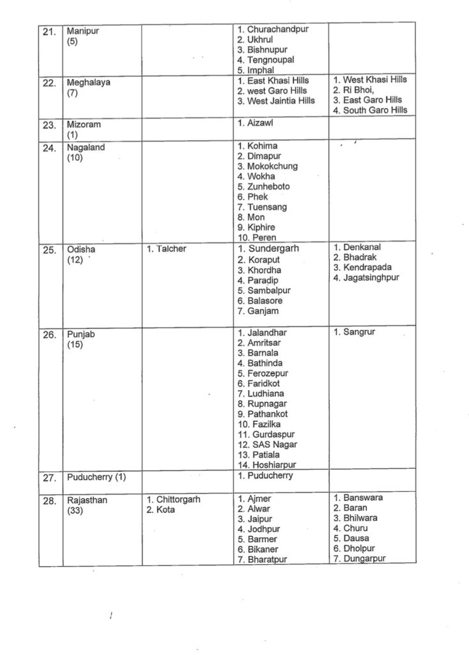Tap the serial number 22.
50,82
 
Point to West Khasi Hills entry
374,80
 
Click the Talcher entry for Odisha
169,248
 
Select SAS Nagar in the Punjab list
272,444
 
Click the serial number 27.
50,477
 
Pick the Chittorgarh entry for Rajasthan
178,500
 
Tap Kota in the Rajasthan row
165,510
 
